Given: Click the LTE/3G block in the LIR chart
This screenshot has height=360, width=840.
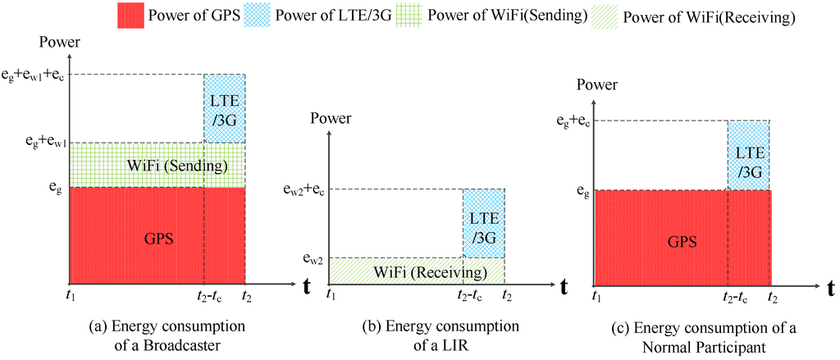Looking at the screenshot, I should tap(483, 223).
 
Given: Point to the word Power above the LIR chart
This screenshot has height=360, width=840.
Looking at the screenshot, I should tap(331, 119).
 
